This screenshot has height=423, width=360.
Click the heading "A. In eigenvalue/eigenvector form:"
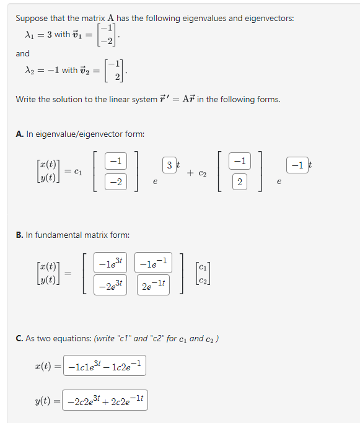click(x=80, y=134)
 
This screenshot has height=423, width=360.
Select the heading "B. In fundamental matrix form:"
click(x=72, y=235)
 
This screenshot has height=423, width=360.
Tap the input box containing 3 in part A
click(x=169, y=165)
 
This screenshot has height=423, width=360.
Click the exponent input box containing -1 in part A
click(x=297, y=165)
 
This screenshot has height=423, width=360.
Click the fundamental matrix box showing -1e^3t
click(x=110, y=263)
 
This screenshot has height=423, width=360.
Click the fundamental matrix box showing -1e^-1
click(x=152, y=263)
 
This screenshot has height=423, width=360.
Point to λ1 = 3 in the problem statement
click(x=37, y=34)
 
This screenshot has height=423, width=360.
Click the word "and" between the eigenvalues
click(x=23, y=53)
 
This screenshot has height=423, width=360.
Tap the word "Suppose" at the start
click(x=32, y=18)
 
